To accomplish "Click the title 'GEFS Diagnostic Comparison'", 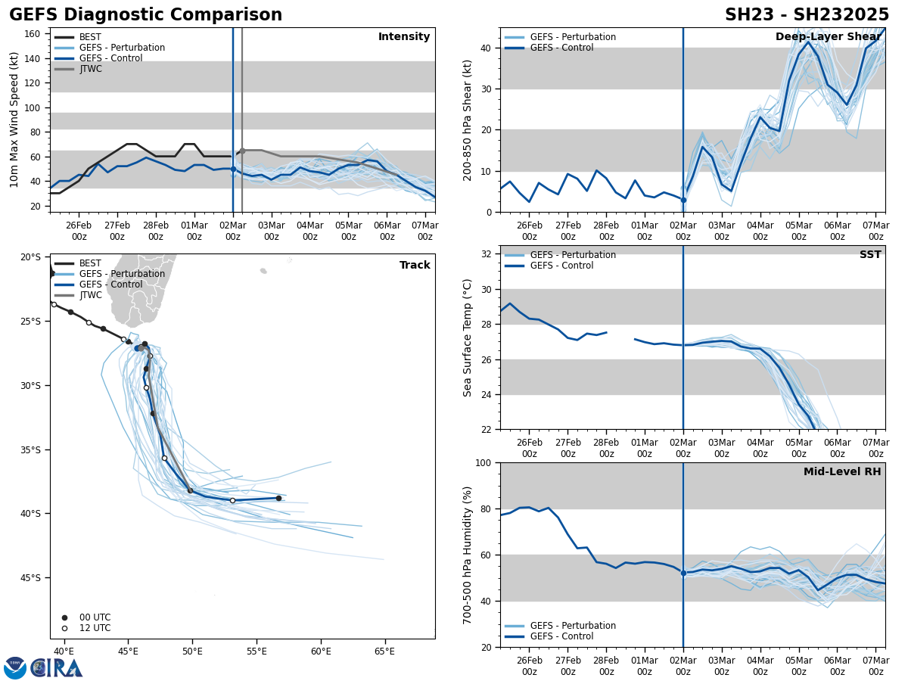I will click(145, 15).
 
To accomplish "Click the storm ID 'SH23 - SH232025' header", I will click(807, 15).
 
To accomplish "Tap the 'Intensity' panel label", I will click(403, 37).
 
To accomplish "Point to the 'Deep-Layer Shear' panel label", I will click(828, 37).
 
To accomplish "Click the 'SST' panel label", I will click(870, 255).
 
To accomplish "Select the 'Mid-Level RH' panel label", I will click(841, 472).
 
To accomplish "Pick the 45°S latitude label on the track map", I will click(30, 578).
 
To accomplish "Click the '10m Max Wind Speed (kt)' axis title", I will click(14, 120).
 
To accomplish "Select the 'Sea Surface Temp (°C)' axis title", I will click(468, 337).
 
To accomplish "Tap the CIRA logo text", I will click(57, 668).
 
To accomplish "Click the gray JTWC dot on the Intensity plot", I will click(242, 151).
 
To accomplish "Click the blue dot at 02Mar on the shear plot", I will click(683, 200).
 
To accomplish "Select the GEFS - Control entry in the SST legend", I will click(561, 266).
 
